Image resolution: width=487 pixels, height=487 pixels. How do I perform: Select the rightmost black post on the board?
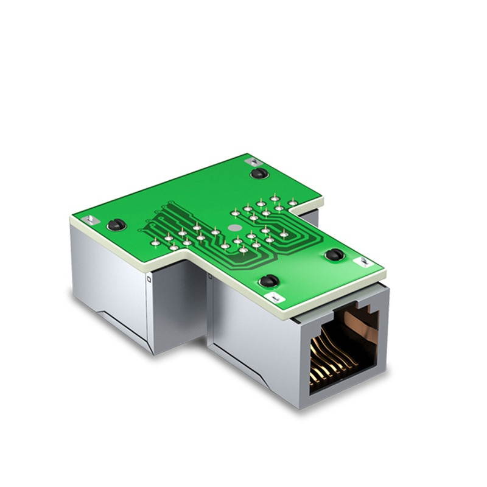(334, 254)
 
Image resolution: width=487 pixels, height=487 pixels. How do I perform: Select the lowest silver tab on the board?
(276, 298)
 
